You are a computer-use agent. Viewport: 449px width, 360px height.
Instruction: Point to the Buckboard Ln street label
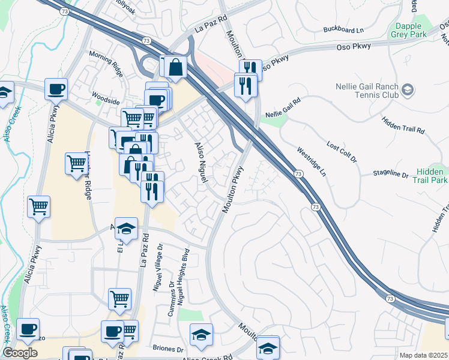[x=343, y=29]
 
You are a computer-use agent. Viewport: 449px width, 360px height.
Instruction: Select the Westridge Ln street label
[x=312, y=161]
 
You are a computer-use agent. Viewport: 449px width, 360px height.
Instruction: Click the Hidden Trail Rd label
[x=403, y=125]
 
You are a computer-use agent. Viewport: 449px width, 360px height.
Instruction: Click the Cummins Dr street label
[x=172, y=303]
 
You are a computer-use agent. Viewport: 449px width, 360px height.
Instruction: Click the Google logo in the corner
[x=20, y=353]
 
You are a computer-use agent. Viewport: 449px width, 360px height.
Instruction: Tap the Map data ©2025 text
[x=423, y=355]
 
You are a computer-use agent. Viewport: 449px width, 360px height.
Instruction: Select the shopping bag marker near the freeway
[x=176, y=68]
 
